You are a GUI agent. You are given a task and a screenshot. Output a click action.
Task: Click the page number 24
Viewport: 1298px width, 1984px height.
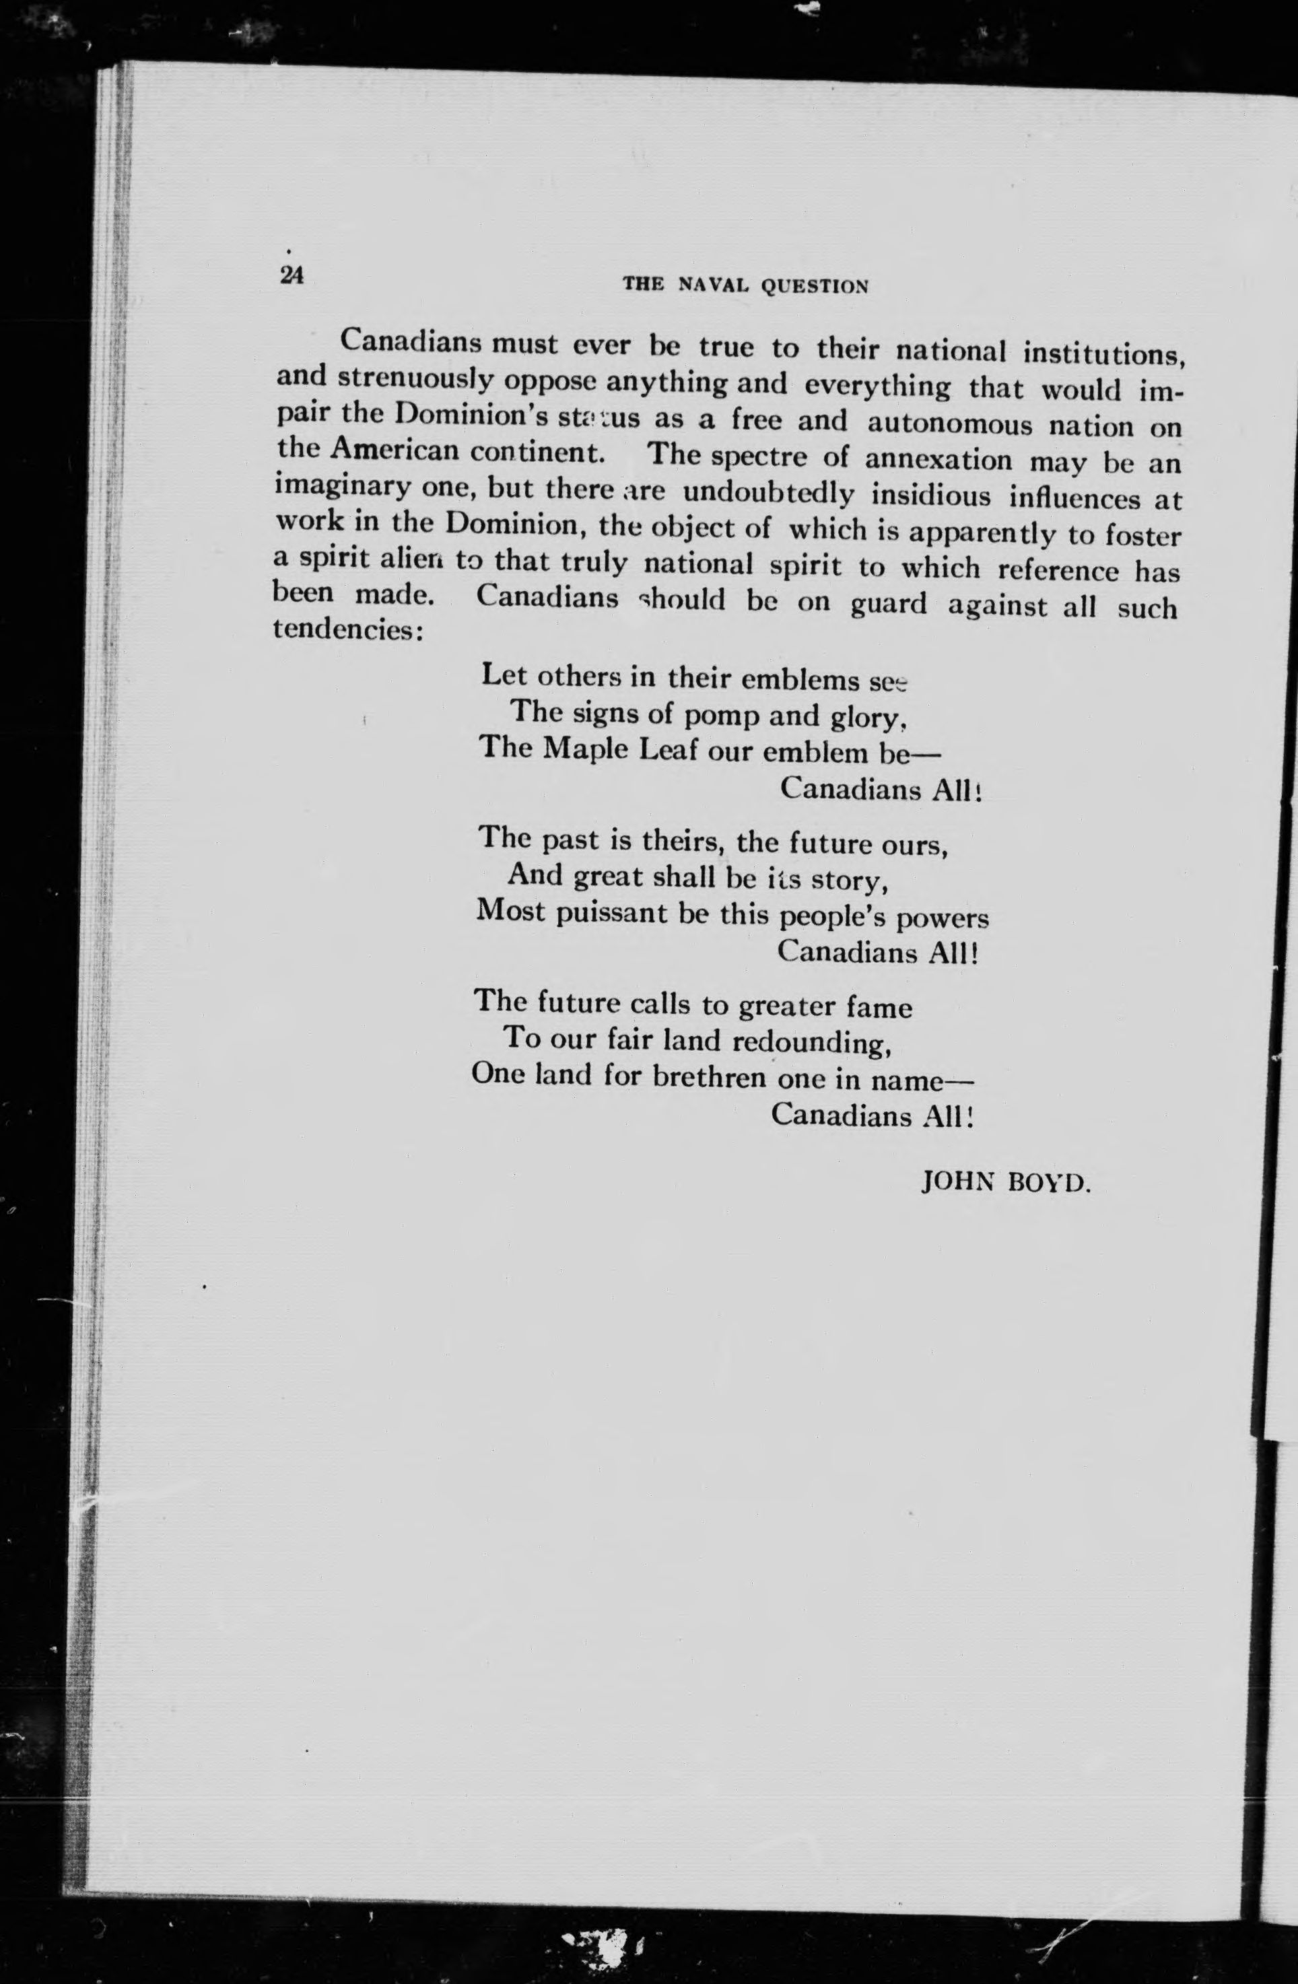[292, 275]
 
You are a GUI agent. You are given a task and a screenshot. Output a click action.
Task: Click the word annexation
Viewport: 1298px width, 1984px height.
[938, 460]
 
